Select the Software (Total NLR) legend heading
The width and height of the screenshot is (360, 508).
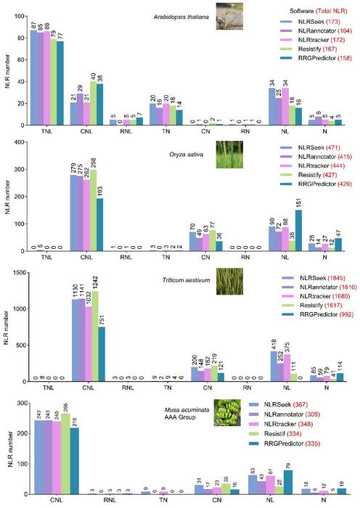click(305, 12)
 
